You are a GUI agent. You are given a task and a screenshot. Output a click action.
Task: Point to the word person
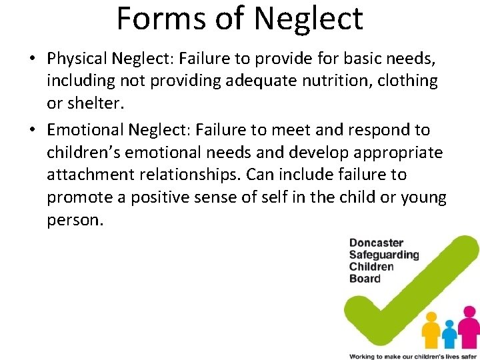pos(75,221)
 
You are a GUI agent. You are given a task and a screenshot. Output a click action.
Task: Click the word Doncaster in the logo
pos(377,243)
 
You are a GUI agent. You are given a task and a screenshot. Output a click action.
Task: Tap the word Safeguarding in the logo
pos(384,255)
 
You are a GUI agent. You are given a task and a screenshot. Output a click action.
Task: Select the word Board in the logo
pos(365,279)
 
